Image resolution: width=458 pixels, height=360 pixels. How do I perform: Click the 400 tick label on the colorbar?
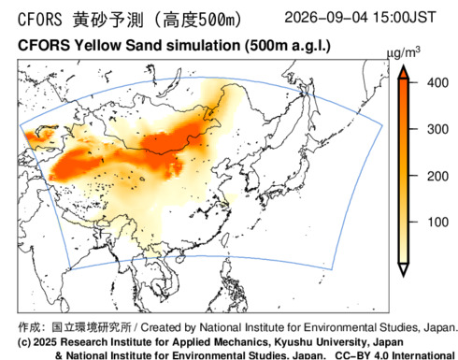click(x=437, y=83)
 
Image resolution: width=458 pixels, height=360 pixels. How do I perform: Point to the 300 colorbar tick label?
click(x=437, y=129)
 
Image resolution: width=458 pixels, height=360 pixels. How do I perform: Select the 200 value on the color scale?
click(x=437, y=177)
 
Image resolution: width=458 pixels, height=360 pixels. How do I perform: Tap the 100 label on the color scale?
click(x=437, y=223)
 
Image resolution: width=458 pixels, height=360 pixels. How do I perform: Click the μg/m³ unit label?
click(x=403, y=53)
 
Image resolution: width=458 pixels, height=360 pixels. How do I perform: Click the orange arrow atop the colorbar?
click(x=404, y=72)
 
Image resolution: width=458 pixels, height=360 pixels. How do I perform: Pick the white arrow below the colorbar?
click(x=404, y=269)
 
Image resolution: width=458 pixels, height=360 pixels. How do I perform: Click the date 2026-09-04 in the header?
click(x=326, y=18)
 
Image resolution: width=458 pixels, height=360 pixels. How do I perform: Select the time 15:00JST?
click(x=404, y=18)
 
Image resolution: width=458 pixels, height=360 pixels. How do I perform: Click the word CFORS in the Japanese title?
click(x=40, y=20)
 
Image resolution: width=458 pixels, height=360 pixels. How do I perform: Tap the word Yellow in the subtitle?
click(x=97, y=46)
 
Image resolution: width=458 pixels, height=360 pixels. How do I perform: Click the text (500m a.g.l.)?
click(x=287, y=46)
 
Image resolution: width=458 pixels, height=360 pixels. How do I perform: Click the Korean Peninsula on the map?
click(x=251, y=180)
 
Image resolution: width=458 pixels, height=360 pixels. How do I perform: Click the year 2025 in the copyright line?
click(x=46, y=342)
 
